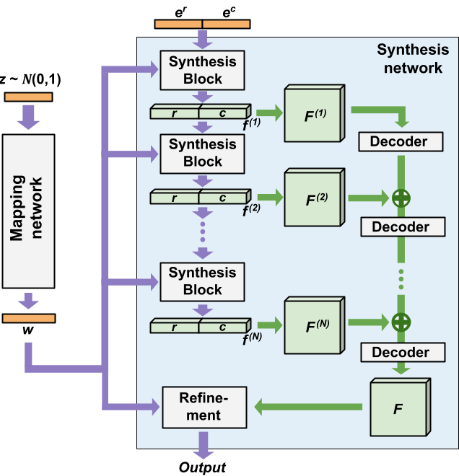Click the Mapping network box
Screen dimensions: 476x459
(x=28, y=211)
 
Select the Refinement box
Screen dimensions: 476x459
(x=204, y=407)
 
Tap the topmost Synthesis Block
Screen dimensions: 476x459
(x=203, y=71)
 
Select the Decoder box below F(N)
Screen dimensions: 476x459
(x=401, y=353)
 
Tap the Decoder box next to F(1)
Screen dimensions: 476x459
(x=399, y=142)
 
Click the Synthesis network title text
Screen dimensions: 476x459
(x=413, y=59)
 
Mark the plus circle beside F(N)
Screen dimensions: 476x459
(x=401, y=322)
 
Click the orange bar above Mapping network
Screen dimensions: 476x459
(x=28, y=97)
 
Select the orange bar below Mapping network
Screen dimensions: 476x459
(x=28, y=318)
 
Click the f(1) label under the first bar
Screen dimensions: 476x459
(x=252, y=125)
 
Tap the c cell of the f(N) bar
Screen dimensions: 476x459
(x=223, y=327)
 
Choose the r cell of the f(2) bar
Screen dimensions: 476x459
(x=175, y=197)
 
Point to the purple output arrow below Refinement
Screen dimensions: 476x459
(x=203, y=444)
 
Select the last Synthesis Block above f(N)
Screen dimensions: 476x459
(x=203, y=281)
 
